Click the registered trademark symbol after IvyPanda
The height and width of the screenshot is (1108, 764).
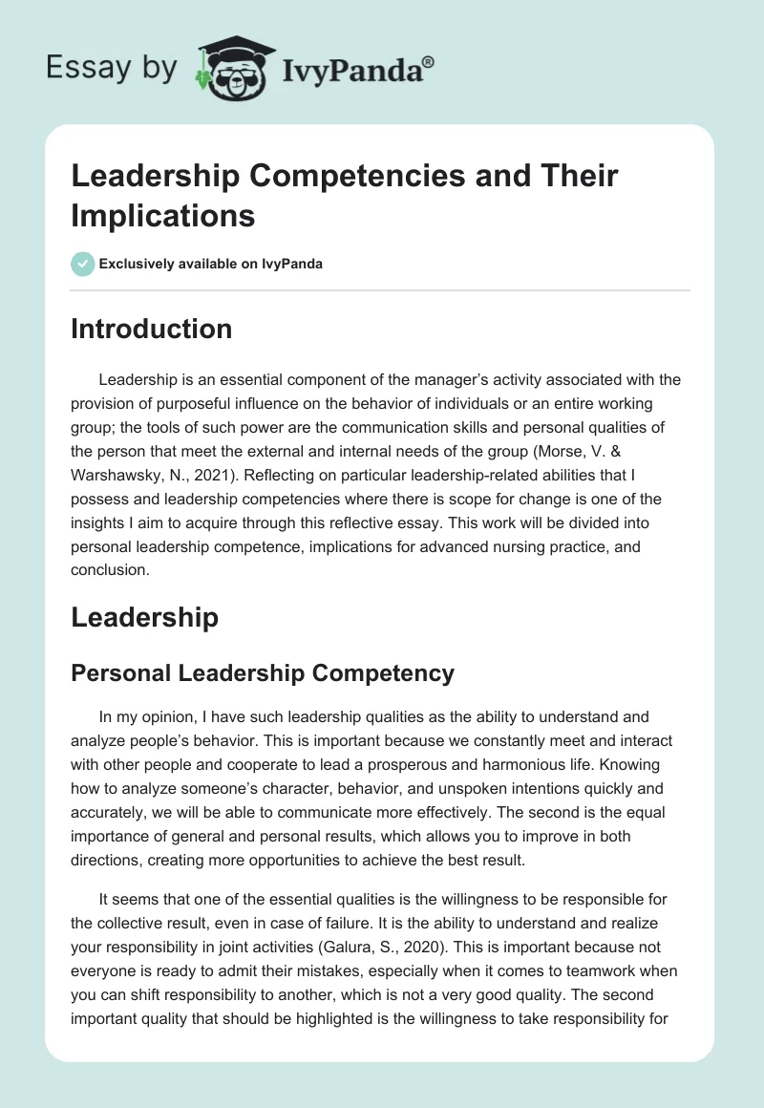pos(429,62)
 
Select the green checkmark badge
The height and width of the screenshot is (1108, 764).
pos(83,264)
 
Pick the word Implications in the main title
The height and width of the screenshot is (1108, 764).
pos(163,215)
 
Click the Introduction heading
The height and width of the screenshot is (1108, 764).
pos(151,329)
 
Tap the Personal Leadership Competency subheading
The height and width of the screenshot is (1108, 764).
pos(263,673)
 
